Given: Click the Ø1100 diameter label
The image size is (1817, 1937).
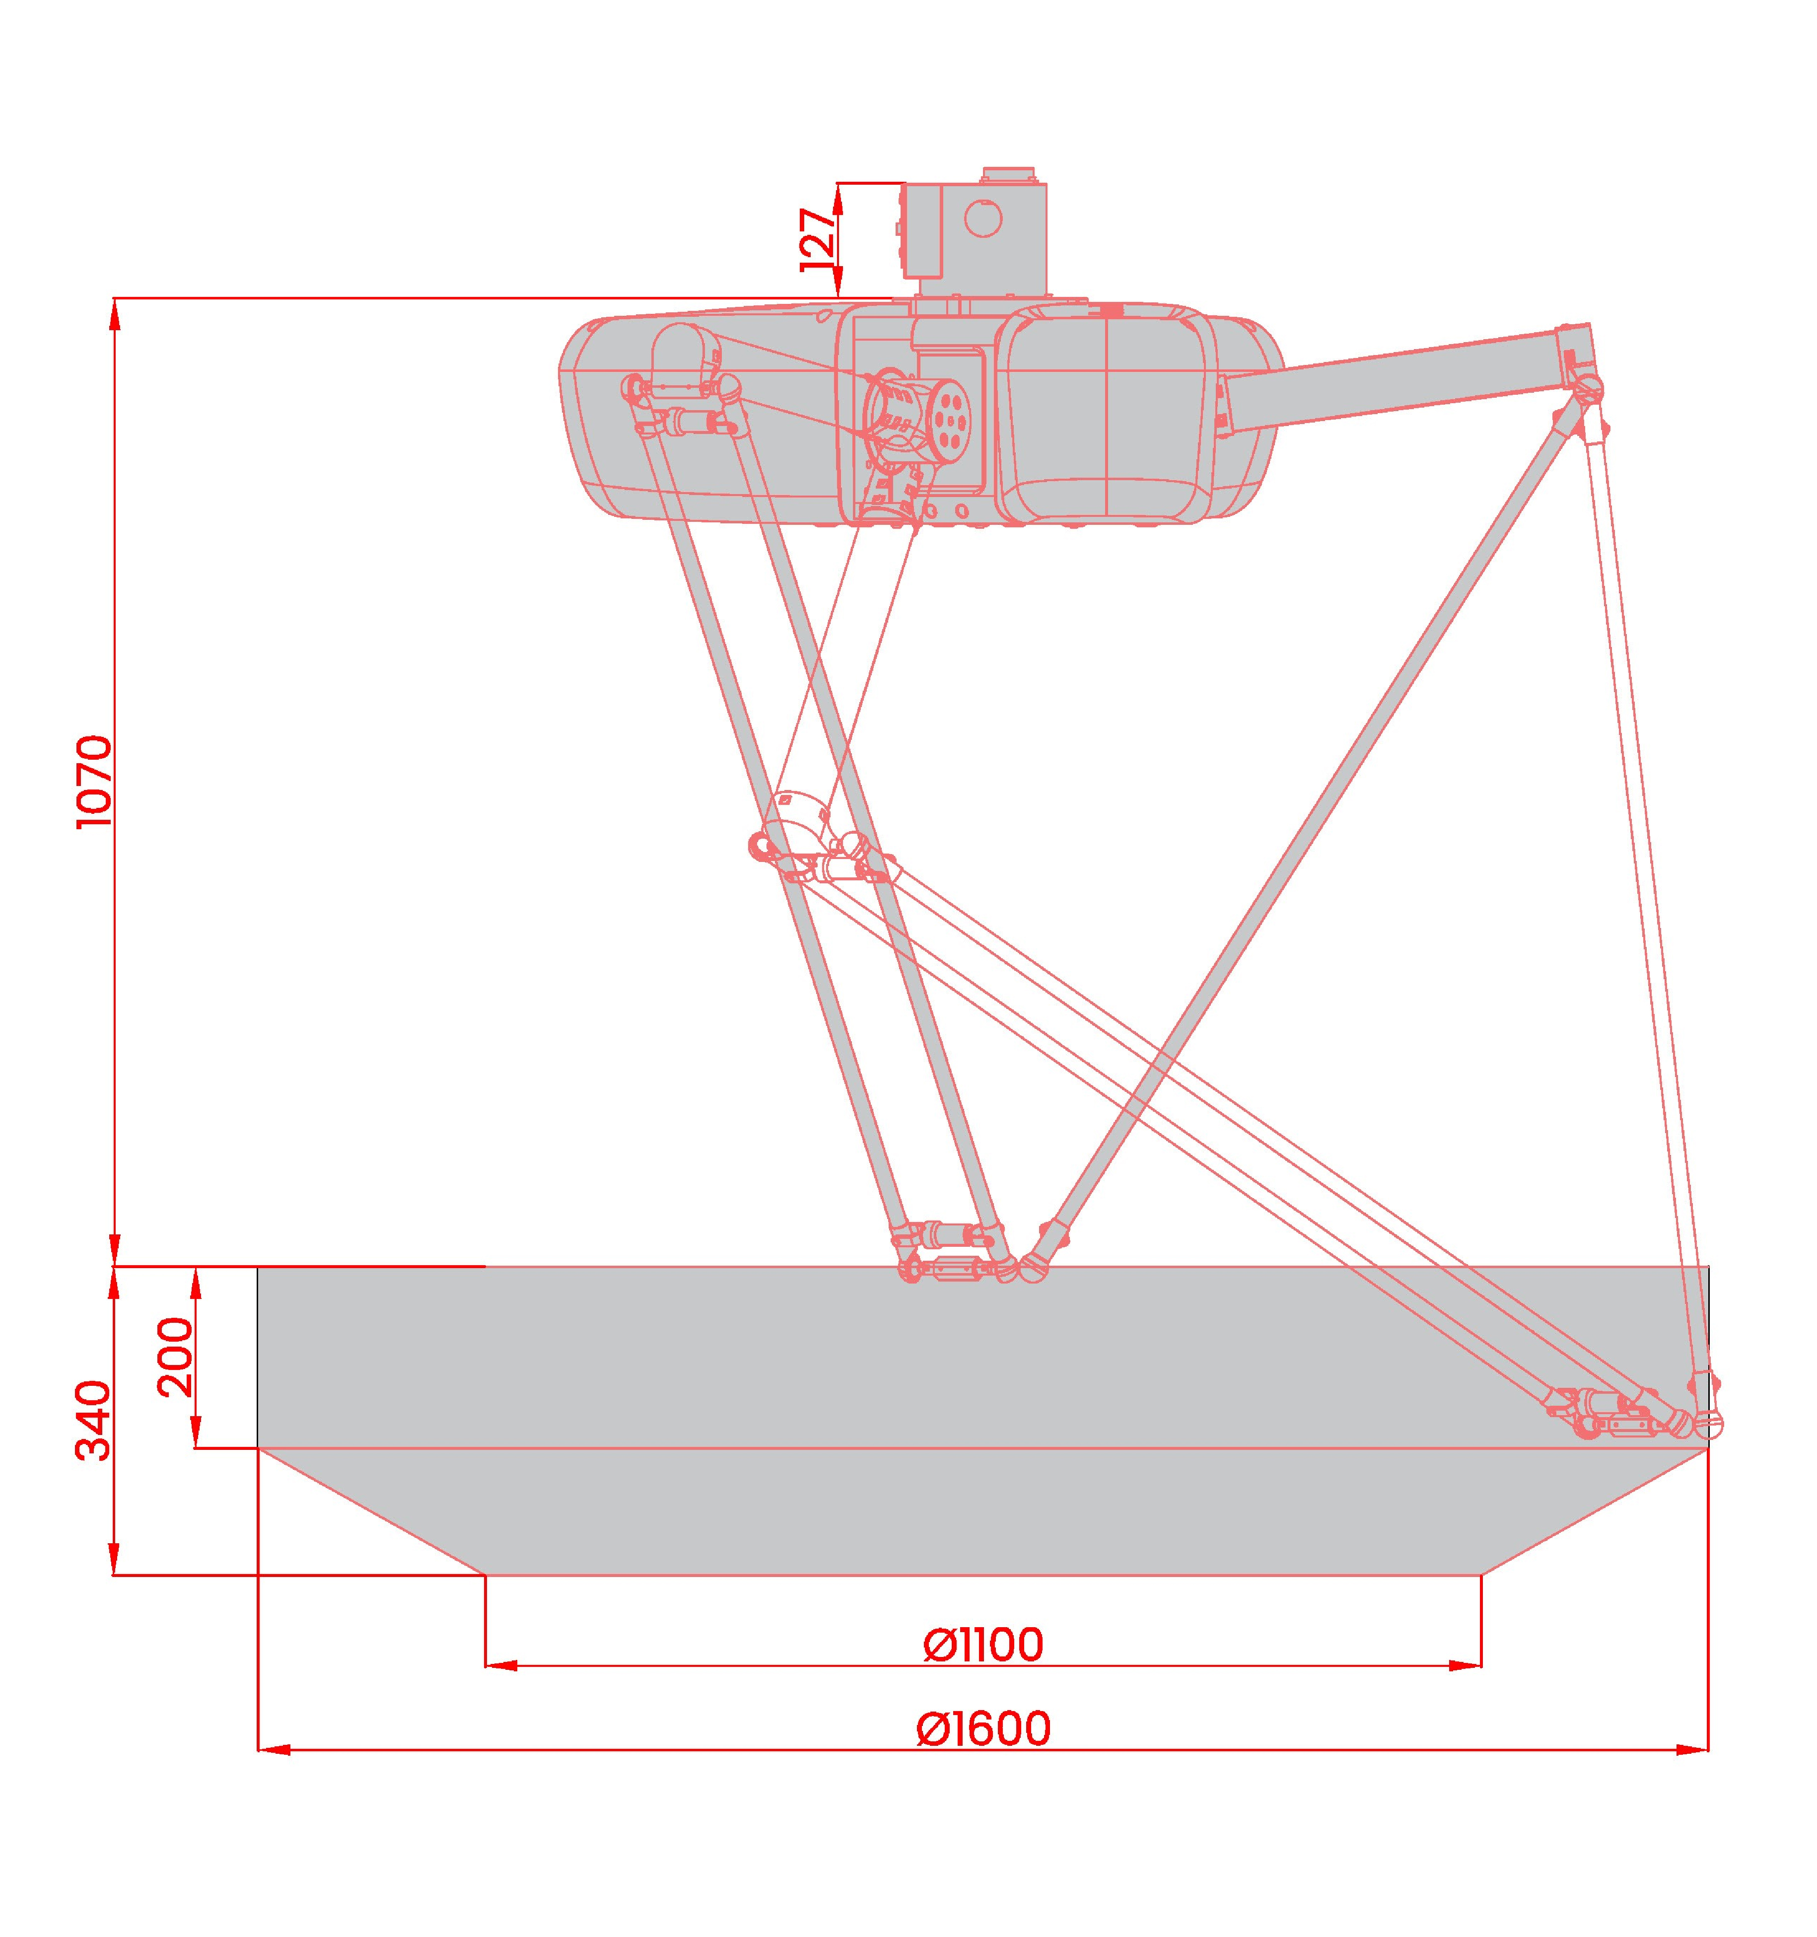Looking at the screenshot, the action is tap(983, 1646).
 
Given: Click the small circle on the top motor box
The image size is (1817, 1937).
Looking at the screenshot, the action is tap(984, 218).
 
